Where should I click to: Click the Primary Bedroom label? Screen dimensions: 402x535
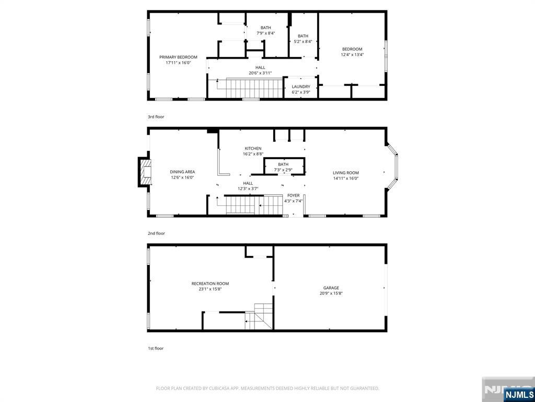178,57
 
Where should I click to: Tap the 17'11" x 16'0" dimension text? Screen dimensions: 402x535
178,63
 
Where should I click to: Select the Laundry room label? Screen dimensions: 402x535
301,87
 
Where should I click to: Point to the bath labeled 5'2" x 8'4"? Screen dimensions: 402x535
303,36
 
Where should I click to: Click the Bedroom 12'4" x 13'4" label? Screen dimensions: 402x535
352,49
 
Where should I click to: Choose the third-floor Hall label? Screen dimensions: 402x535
260,68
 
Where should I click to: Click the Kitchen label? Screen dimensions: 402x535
253,149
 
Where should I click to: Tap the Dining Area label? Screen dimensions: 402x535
182,172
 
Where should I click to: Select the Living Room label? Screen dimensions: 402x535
346,173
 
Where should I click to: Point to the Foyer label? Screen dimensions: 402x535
294,195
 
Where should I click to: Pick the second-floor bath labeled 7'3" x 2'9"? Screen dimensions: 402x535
283,164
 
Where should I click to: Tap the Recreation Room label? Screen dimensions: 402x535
210,284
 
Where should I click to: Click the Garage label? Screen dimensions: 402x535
331,288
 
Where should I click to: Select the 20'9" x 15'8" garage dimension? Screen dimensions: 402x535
331,294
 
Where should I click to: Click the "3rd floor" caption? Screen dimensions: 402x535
156,117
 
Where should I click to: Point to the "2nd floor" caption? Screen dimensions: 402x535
156,233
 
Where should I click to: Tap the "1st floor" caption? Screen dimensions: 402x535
155,348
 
